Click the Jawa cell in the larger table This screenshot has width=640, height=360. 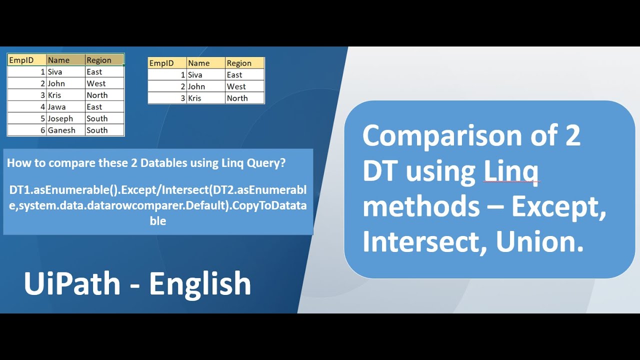pyautogui.click(x=65, y=106)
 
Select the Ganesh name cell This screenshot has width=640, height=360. pyautogui.click(x=65, y=130)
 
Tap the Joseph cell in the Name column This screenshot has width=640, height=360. pyautogui.click(x=65, y=118)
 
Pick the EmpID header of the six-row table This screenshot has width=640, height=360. pyautogui.click(x=27, y=60)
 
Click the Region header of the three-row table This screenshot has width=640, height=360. pyautogui.click(x=244, y=63)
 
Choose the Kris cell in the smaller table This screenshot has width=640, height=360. pyautogui.click(x=205, y=98)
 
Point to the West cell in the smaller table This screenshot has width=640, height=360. pyautogui.click(x=244, y=86)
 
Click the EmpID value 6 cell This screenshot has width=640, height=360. pyautogui.click(x=27, y=130)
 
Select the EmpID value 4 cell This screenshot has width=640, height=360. pyautogui.click(x=27, y=106)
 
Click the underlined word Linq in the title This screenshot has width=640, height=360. pyautogui.click(x=511, y=171)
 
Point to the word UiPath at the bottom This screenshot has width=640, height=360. pyautogui.click(x=72, y=283)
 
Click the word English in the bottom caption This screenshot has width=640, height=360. pyautogui.click(x=200, y=283)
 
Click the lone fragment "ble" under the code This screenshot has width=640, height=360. pyautogui.click(x=158, y=220)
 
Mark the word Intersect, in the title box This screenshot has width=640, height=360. pyautogui.click(x=425, y=242)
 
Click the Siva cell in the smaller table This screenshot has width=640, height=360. pyautogui.click(x=205, y=74)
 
